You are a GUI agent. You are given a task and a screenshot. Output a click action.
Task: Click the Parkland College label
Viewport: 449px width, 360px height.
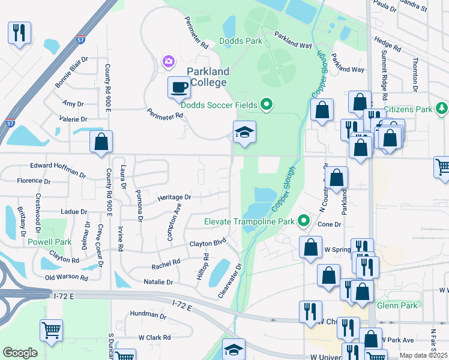click(x=208, y=76)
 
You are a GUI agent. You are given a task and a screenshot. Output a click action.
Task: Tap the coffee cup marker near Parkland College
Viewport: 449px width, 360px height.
click(x=178, y=88)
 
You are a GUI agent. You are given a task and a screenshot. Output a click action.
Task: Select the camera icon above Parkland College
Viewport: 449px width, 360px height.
click(x=169, y=61)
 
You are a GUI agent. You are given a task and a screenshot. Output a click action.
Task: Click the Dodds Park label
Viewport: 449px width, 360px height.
click(x=241, y=41)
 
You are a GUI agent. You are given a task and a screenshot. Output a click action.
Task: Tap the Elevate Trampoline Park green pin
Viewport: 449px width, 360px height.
click(x=304, y=221)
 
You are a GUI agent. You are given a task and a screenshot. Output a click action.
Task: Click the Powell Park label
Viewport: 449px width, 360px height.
click(x=49, y=242)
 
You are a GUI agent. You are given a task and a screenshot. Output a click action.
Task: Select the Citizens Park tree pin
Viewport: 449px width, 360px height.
click(x=442, y=109)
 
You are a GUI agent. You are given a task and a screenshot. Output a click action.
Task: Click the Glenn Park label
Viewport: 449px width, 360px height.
click(x=397, y=305)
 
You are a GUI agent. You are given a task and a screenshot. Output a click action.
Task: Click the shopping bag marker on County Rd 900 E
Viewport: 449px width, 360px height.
click(x=101, y=142)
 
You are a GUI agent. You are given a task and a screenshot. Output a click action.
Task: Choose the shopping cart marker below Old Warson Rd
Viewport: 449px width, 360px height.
click(x=52, y=330)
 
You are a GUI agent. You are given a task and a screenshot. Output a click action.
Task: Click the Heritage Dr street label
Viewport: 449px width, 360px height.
click(x=174, y=197)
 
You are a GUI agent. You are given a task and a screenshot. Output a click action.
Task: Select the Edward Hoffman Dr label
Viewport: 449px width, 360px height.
click(x=58, y=169)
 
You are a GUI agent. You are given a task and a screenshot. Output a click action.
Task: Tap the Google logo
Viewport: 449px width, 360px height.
click(x=20, y=353)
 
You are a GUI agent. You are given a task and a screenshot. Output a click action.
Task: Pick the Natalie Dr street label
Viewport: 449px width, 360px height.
click(x=158, y=281)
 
